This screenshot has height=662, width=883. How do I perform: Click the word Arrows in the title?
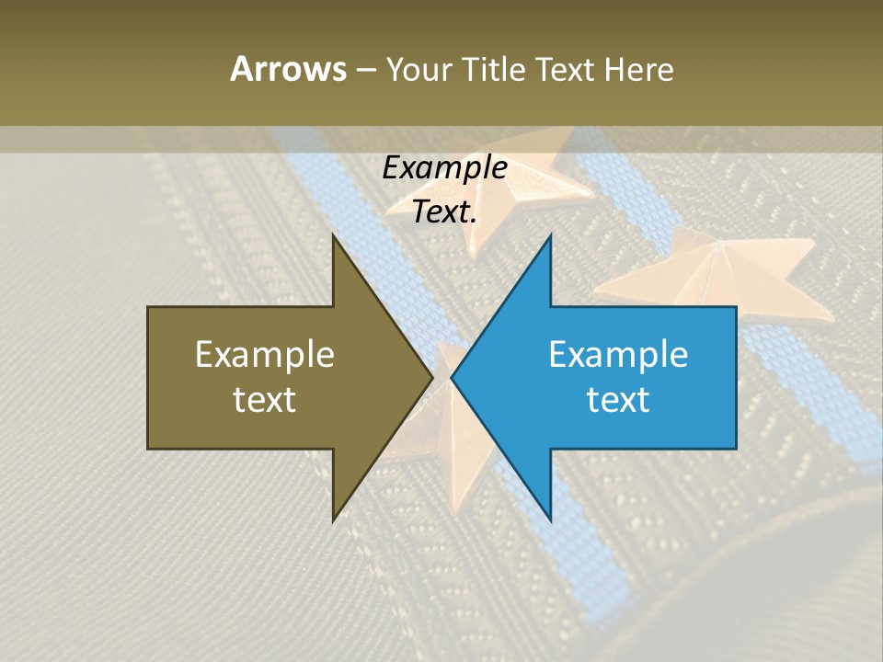pyautogui.click(x=288, y=69)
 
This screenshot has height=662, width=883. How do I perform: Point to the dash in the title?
pyautogui.click(x=365, y=70)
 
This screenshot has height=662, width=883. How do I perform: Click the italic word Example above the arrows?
pyautogui.click(x=444, y=168)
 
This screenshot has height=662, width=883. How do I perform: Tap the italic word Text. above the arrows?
pyautogui.click(x=444, y=212)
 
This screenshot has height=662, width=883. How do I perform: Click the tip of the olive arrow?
pyautogui.click(x=431, y=377)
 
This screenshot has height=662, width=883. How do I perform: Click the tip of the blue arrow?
pyautogui.click(x=453, y=377)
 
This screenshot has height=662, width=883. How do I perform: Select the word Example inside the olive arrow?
pyautogui.click(x=265, y=355)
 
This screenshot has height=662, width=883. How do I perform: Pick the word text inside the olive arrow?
pyautogui.click(x=265, y=400)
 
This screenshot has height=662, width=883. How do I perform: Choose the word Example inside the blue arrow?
pyautogui.click(x=618, y=355)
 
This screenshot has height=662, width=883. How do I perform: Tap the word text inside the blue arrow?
pyautogui.click(x=618, y=400)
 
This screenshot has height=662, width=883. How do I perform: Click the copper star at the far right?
pyautogui.click(x=713, y=272)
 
